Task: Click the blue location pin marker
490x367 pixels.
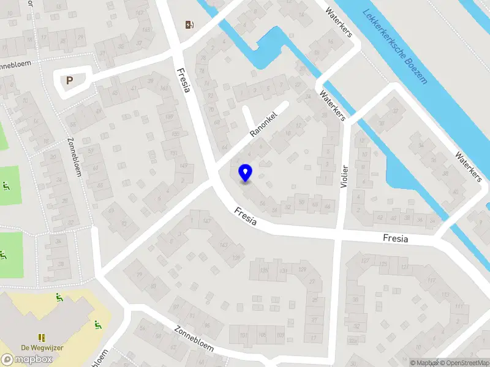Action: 245,173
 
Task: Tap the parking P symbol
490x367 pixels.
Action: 69,80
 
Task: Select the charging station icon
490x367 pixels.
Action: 189,24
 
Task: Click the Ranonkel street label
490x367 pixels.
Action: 264,124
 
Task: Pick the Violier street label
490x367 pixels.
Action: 345,178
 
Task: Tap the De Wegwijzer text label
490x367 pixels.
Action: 42,347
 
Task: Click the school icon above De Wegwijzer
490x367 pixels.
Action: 42,337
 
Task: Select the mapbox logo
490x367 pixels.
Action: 27,359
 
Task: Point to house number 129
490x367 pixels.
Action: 302,269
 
